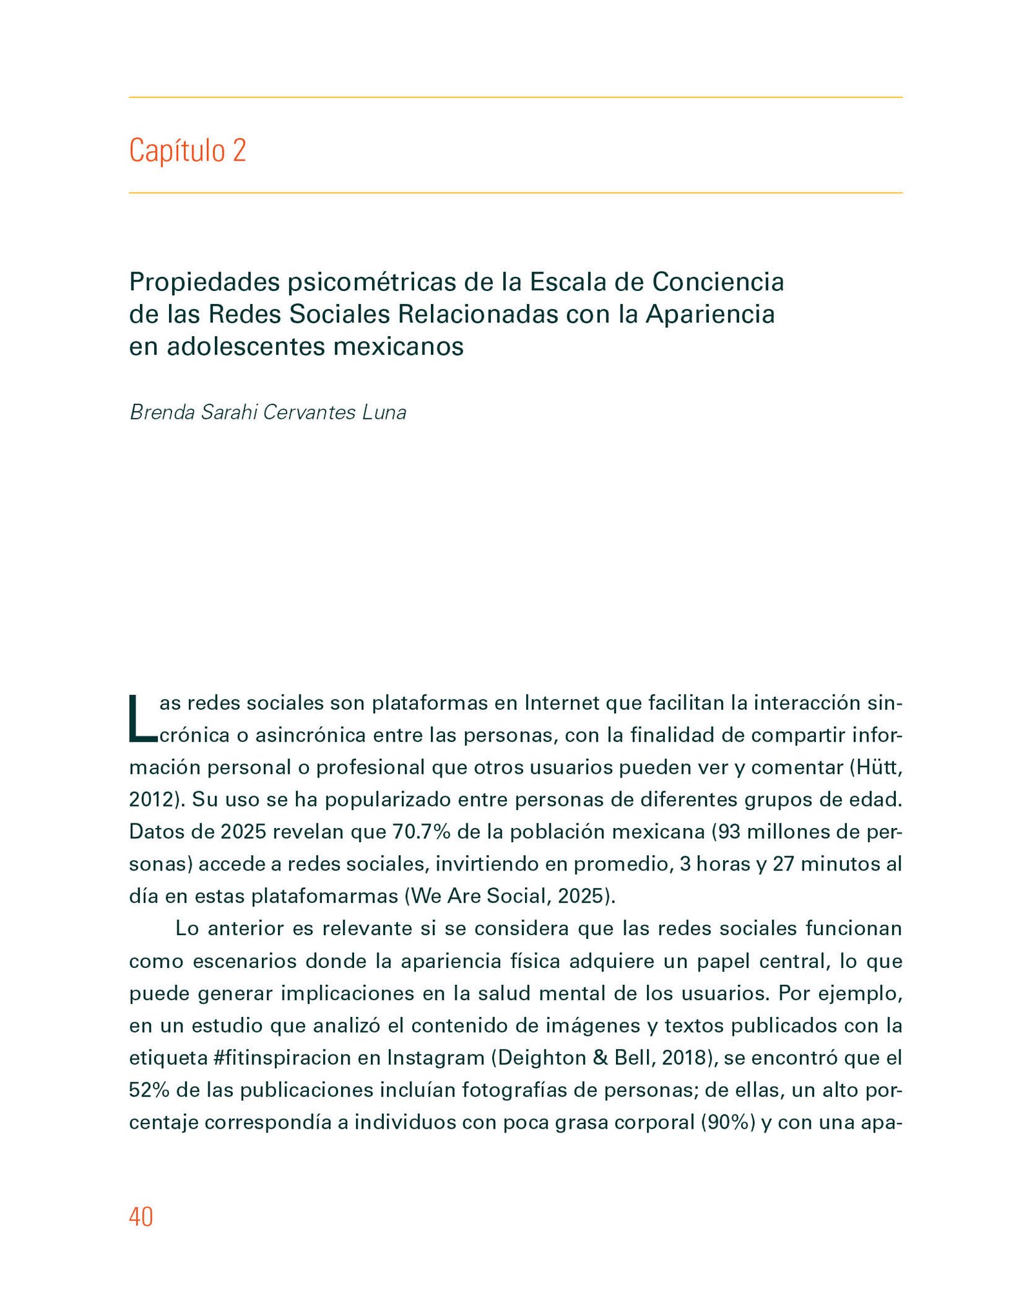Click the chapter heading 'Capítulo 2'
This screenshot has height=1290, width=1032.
[187, 150]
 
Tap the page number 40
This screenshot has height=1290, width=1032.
[141, 1217]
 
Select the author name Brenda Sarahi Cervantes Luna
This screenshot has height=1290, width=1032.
[268, 412]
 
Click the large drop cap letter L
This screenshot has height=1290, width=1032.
[142, 718]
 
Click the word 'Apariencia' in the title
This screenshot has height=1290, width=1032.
[710, 314]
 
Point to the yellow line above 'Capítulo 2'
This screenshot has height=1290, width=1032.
[515, 97]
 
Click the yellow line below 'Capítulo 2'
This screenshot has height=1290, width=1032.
[515, 193]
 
